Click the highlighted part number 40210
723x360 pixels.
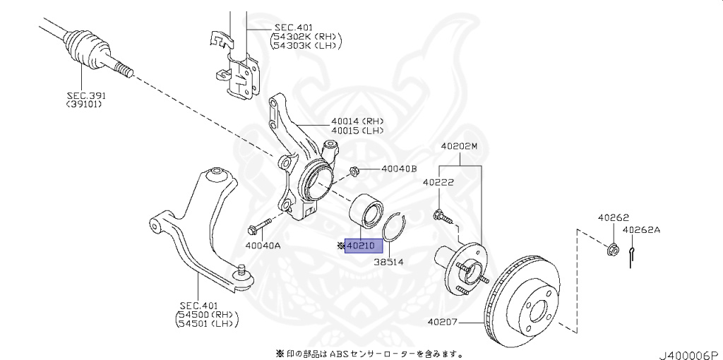point(363,246)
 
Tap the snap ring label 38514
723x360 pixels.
point(388,261)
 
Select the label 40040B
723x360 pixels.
point(400,169)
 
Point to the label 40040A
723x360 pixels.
point(263,246)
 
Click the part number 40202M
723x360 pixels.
point(460,147)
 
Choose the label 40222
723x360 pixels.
point(438,182)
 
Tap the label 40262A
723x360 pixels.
point(642,230)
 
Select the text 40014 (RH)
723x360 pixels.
point(357,121)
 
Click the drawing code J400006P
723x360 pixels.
point(688,353)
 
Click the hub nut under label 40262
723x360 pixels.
point(613,248)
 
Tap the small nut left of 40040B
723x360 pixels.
point(355,170)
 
